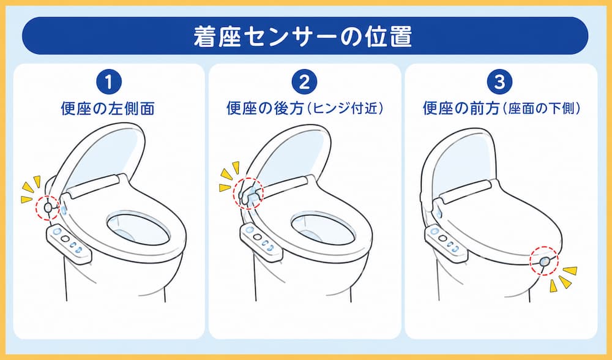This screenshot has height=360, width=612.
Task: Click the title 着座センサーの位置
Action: tap(303, 36)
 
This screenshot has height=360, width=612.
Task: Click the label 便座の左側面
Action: tap(108, 108)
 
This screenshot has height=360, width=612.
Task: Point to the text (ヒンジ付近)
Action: tap(344, 108)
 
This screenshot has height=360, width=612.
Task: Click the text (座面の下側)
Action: tap(540, 108)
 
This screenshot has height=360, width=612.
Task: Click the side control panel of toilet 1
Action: tap(69, 244)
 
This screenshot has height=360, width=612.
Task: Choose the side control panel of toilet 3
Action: tap(446, 243)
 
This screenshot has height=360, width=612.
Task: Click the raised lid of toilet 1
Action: tap(103, 156)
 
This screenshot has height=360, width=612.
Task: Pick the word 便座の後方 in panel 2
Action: tap(266, 108)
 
